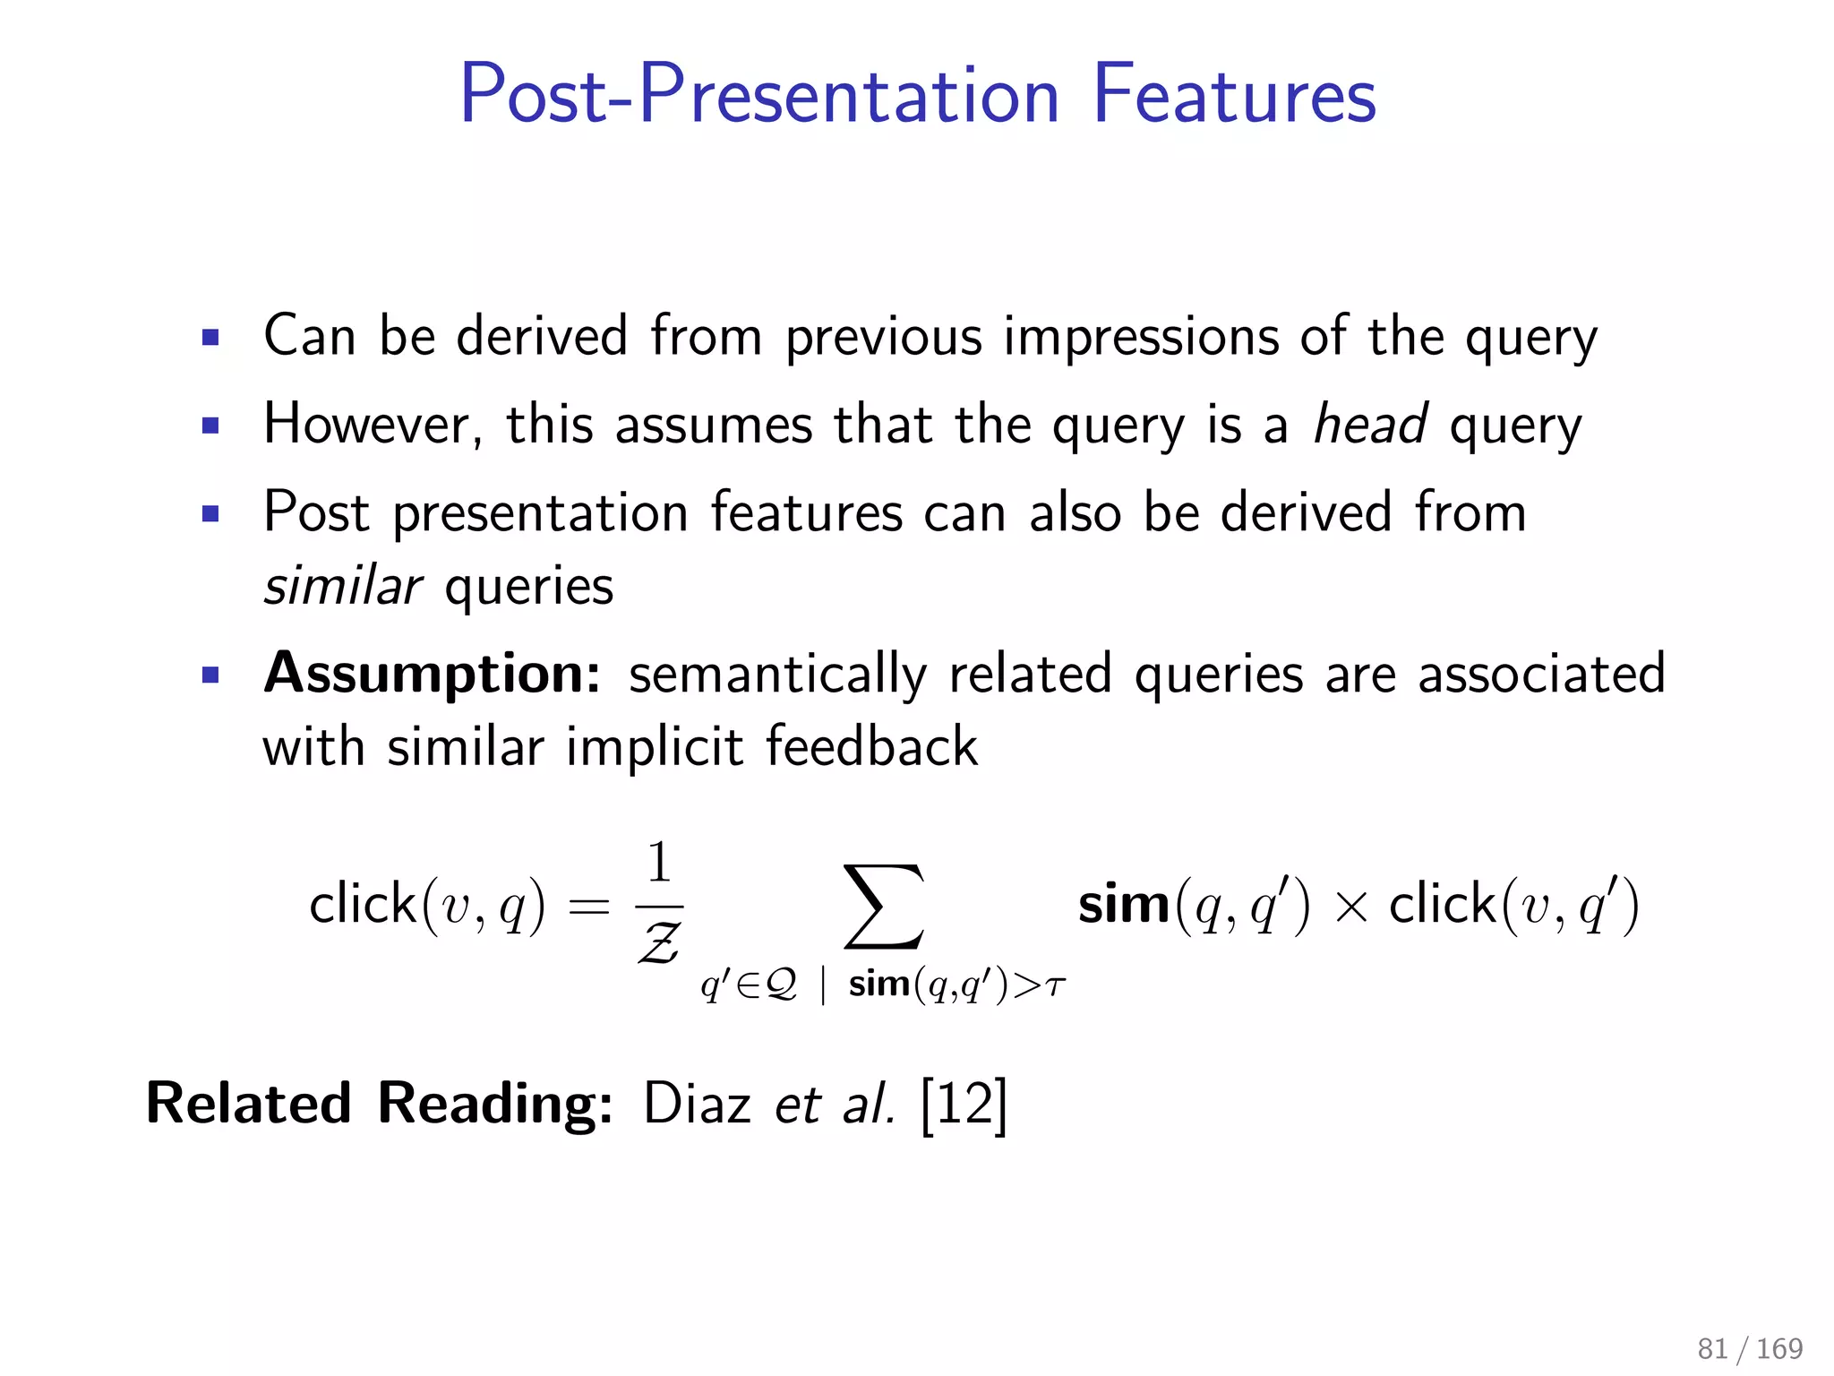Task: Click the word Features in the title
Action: pyautogui.click(x=1234, y=95)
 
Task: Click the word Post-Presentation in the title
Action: pyautogui.click(x=759, y=95)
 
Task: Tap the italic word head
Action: pyautogui.click(x=1370, y=425)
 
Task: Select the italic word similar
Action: pyautogui.click(x=342, y=587)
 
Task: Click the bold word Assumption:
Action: pyautogui.click(x=433, y=674)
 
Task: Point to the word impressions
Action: pyautogui.click(x=1141, y=337)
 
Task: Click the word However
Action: pyautogui.click(x=373, y=425)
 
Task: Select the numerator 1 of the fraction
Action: pyautogui.click(x=658, y=863)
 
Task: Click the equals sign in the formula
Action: pyautogui.click(x=589, y=907)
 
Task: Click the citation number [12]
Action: pyautogui.click(x=964, y=1105)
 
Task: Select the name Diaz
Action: pyautogui.click(x=697, y=1104)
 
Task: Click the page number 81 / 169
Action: pyautogui.click(x=1750, y=1348)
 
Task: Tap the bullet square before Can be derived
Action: pyautogui.click(x=211, y=338)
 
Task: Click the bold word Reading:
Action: pyautogui.click(x=494, y=1104)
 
